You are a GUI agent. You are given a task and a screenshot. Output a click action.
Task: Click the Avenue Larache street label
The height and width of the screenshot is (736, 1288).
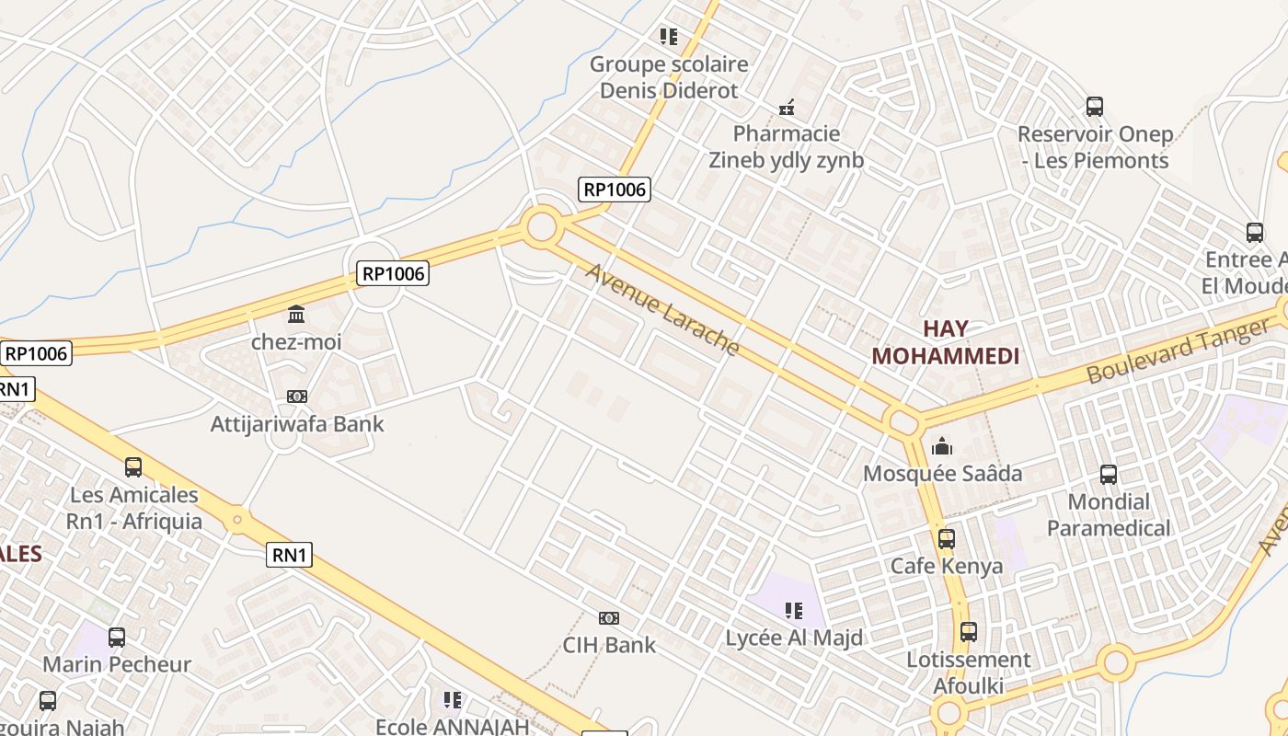662,309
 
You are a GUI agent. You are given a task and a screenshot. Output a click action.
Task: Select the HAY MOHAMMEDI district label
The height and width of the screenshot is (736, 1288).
945,342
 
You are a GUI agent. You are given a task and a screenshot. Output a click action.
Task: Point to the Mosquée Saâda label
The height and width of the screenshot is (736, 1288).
942,474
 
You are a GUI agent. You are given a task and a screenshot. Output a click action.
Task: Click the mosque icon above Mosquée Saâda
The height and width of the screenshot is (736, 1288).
942,447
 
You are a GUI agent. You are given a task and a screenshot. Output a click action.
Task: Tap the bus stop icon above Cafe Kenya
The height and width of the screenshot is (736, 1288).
946,539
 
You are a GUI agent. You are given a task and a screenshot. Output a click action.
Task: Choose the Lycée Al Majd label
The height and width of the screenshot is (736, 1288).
794,638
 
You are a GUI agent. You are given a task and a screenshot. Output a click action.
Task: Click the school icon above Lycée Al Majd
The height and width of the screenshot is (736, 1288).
794,611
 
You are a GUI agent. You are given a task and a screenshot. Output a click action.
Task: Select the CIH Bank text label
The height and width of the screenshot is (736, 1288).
609,645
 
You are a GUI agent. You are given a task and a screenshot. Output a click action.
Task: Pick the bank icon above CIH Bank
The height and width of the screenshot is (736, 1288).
609,618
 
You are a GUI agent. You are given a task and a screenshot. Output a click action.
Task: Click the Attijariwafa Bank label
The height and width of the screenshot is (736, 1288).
297,424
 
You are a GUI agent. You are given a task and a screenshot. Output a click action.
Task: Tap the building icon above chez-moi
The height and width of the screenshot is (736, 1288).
296,316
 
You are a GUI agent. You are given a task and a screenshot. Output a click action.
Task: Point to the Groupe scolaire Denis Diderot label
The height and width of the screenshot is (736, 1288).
669,77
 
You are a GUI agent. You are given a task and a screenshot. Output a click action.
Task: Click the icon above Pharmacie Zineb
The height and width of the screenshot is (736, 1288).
787,108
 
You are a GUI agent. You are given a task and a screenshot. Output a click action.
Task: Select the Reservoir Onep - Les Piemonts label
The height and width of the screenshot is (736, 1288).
1095,147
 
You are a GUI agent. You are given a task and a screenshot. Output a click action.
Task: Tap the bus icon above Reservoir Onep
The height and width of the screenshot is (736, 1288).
1095,107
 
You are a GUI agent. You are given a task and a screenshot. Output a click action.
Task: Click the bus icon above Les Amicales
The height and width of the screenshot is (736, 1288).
133,467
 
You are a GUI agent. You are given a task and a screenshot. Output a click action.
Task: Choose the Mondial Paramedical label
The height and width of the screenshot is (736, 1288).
1109,515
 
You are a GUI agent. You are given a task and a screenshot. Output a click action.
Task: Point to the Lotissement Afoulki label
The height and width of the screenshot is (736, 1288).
969,673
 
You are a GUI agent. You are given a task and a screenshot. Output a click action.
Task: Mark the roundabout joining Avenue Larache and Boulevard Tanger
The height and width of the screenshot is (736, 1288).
903,422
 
